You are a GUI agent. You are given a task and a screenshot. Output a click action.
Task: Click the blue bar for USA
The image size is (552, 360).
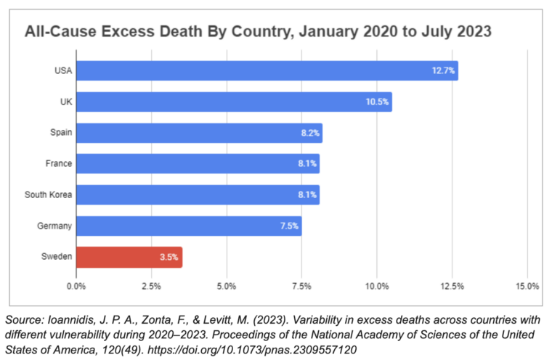267,70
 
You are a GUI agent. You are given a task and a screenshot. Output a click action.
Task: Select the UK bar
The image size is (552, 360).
234,102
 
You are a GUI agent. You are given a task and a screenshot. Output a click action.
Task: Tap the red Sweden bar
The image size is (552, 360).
129,258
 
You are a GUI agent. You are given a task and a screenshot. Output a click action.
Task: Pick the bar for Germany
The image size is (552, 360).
189,226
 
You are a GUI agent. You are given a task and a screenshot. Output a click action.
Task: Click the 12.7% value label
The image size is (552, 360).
443,70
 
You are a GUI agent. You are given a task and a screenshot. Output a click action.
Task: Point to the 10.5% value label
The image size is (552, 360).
378,102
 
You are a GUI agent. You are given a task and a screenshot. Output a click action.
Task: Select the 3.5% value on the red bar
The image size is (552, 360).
168,258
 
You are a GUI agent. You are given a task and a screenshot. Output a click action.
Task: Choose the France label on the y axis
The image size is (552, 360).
58,164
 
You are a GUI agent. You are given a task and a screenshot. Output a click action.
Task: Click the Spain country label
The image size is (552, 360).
60,133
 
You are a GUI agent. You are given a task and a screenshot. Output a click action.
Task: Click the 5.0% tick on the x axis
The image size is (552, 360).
227,286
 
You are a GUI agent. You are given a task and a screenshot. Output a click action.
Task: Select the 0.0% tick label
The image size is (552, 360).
76,286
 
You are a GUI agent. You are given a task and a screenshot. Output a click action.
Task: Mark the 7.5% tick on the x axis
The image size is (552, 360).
301,286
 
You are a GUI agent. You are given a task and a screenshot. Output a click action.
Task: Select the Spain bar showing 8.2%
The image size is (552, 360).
199,133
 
